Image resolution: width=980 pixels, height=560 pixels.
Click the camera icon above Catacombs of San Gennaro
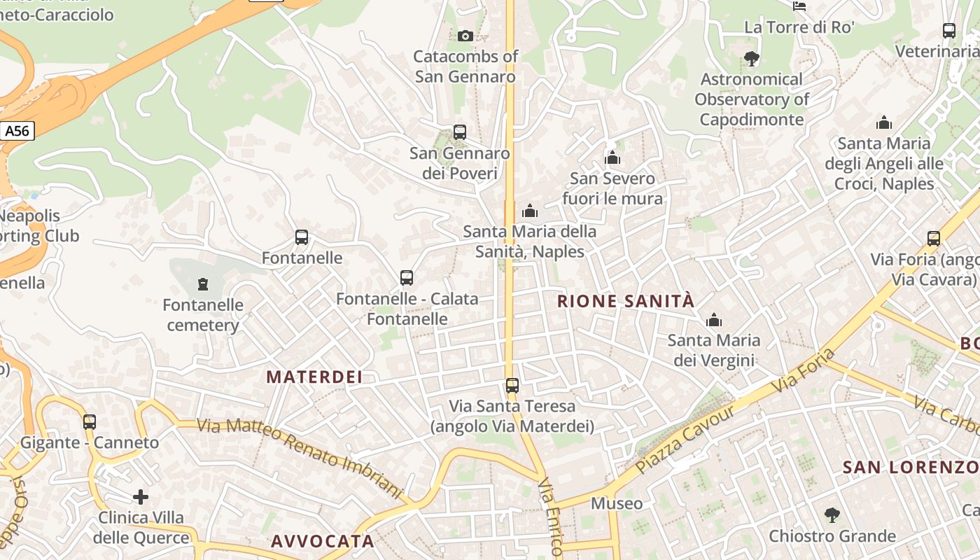(465, 36)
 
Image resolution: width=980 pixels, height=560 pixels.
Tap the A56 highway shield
(17, 131)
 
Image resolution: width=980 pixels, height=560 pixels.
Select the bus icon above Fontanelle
(302, 237)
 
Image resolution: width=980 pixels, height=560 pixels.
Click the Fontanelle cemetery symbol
(203, 284)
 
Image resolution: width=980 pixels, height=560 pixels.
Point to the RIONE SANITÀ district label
(626, 302)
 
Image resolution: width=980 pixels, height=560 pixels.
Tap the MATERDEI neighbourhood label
(314, 377)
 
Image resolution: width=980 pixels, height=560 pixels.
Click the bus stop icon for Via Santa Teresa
(512, 386)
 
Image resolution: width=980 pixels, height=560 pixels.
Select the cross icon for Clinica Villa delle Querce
(141, 497)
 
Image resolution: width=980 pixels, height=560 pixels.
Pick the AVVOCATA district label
(323, 541)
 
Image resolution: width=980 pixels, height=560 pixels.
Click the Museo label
(617, 503)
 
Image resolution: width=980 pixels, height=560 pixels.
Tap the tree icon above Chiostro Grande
(832, 516)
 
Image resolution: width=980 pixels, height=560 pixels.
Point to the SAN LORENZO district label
(910, 467)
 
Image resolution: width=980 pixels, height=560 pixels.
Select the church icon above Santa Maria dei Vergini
(714, 321)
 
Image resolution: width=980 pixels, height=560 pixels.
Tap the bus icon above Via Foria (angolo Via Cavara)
(934, 239)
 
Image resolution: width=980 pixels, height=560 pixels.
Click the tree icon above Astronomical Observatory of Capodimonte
(752, 59)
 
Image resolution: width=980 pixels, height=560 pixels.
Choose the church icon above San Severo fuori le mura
(612, 158)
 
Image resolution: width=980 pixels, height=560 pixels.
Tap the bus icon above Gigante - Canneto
(90, 422)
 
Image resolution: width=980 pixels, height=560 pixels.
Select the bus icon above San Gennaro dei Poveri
(460, 132)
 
